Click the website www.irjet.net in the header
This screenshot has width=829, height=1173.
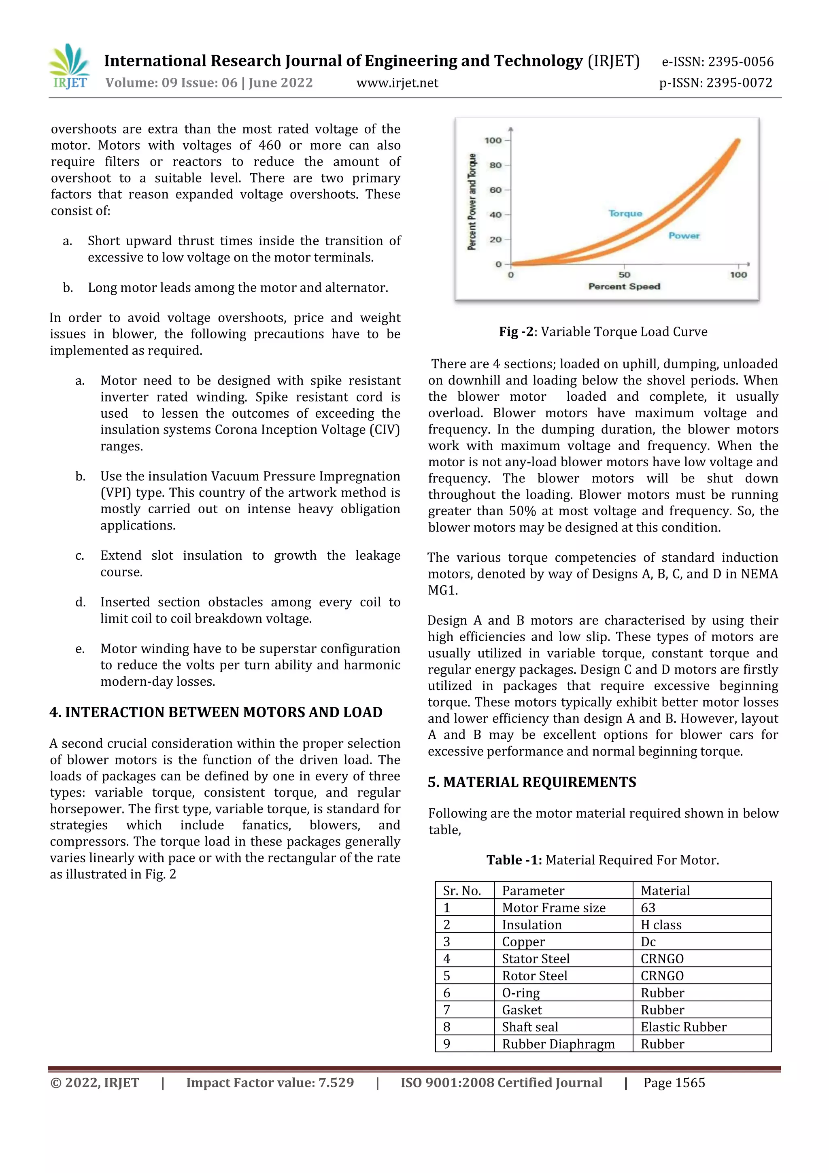coord(397,83)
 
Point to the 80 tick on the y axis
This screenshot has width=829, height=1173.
coord(495,165)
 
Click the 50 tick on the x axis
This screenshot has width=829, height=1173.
coord(624,274)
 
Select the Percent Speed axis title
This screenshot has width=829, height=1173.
coord(624,287)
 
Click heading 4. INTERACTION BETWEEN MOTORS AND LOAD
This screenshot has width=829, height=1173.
coord(216,712)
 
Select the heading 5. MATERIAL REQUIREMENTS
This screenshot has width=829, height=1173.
coord(532,782)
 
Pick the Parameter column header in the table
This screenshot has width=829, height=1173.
coord(533,890)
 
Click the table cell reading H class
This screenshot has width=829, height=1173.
coord(661,925)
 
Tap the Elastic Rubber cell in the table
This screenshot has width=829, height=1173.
coord(683,1027)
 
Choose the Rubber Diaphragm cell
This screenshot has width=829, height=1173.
coord(558,1044)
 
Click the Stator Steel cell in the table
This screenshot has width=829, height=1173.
coord(535,958)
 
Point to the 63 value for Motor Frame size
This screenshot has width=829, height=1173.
coord(648,908)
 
